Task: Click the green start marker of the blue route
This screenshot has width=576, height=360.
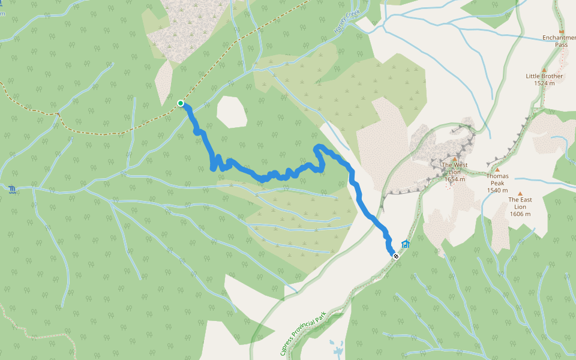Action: point(180,103)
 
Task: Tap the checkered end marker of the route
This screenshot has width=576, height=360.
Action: point(395,256)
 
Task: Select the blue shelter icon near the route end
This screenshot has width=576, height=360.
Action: point(406,244)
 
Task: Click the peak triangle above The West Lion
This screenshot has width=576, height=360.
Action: point(455,159)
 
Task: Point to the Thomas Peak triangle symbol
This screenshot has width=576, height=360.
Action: point(497,170)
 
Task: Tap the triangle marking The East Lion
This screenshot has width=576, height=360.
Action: point(520,193)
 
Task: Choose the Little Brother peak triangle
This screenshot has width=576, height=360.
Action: point(544,70)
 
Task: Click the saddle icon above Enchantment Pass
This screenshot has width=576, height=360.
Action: point(562,31)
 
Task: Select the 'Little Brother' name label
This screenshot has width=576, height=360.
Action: point(544,76)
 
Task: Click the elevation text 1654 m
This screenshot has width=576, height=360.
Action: point(455,179)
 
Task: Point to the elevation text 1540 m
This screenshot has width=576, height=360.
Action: point(497,191)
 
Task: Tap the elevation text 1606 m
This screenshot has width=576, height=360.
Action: point(520,214)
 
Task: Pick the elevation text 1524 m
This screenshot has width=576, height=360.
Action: point(544,83)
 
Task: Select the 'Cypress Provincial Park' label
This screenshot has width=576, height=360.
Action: point(302,332)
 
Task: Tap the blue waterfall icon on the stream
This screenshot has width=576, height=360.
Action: point(13,191)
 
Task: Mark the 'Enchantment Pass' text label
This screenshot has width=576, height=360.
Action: point(560,41)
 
